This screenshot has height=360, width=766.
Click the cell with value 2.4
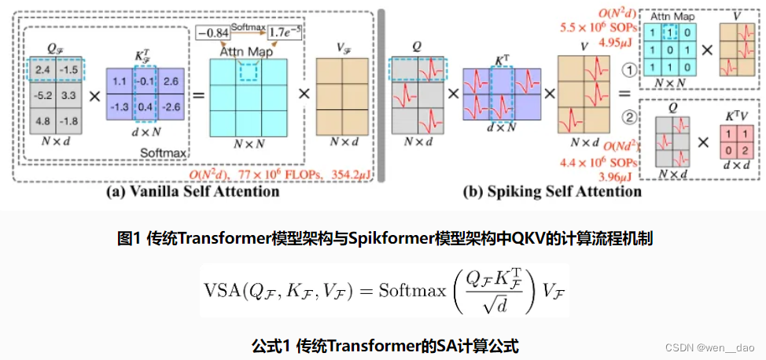point(42,72)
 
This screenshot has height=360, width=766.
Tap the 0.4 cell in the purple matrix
point(145,106)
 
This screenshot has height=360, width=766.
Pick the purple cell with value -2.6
point(171,106)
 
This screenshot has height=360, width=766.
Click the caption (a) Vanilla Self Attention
point(195,190)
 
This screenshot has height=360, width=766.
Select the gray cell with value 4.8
point(42,121)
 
